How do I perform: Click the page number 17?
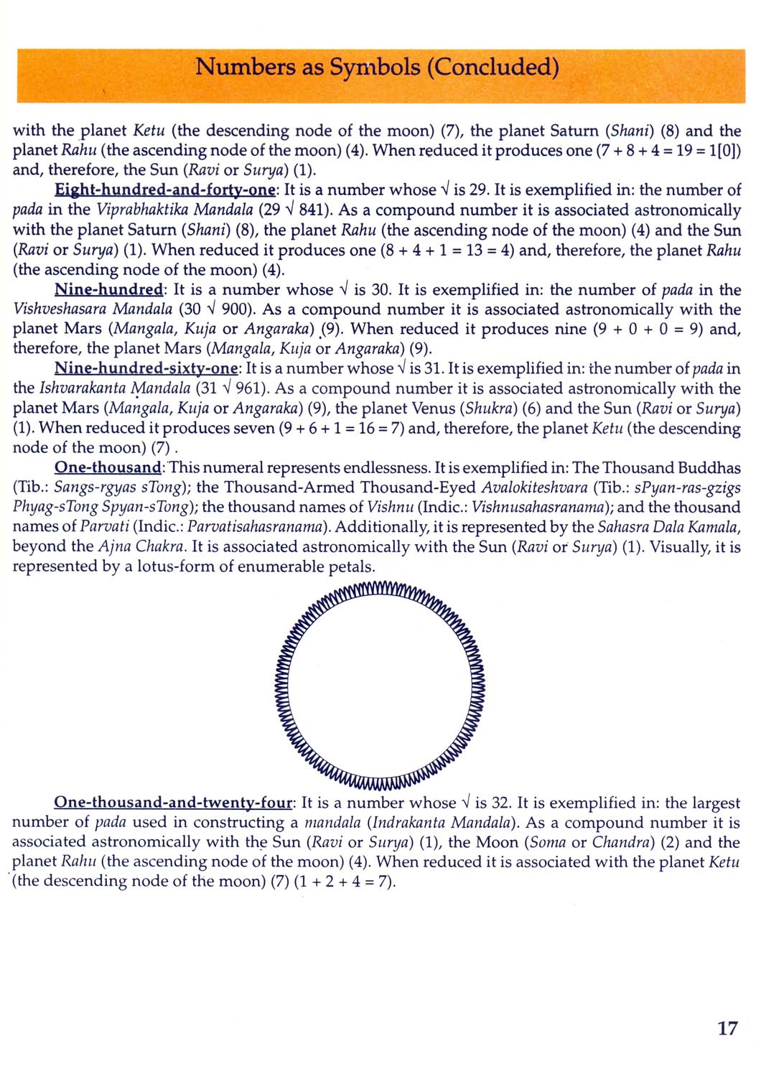pos(727,1028)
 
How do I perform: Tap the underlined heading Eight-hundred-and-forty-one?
pos(165,190)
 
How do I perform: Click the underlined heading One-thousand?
pos(108,468)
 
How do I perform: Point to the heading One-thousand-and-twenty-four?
pos(173,803)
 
